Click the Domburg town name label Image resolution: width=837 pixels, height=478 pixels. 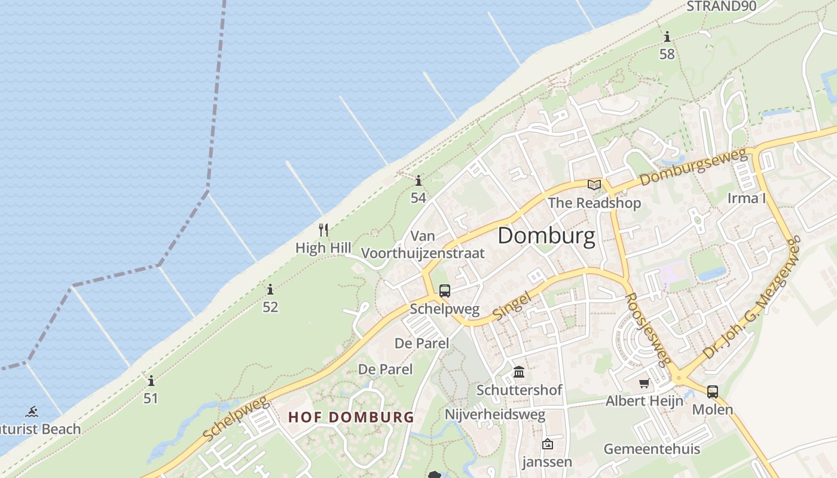pos(546,236)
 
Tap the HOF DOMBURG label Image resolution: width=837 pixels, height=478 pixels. pos(351,417)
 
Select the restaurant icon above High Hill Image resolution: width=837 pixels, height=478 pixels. pos(323,230)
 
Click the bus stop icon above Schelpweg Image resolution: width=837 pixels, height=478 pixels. pos(445,291)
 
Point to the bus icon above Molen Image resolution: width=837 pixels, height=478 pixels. pos(713,392)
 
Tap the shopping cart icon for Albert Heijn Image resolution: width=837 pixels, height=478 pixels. pos(644,383)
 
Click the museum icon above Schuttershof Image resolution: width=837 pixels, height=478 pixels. pos(519,372)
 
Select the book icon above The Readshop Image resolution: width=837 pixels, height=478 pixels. pos(594,185)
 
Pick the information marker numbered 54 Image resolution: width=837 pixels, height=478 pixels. pos(418,180)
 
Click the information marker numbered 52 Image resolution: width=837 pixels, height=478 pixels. pos(270,290)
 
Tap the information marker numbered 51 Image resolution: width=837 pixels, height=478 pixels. pos(151,381)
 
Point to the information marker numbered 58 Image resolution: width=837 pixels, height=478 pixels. pos(667,37)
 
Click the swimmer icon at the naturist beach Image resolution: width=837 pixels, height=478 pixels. pos(32,412)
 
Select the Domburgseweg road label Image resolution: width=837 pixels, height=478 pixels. pos(694,168)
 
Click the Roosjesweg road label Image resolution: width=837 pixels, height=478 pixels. pos(648,328)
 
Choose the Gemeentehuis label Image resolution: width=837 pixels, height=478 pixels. pos(652,449)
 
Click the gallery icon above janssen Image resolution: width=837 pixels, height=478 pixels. pos(547,444)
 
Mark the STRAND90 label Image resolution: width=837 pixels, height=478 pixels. pos(722,7)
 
